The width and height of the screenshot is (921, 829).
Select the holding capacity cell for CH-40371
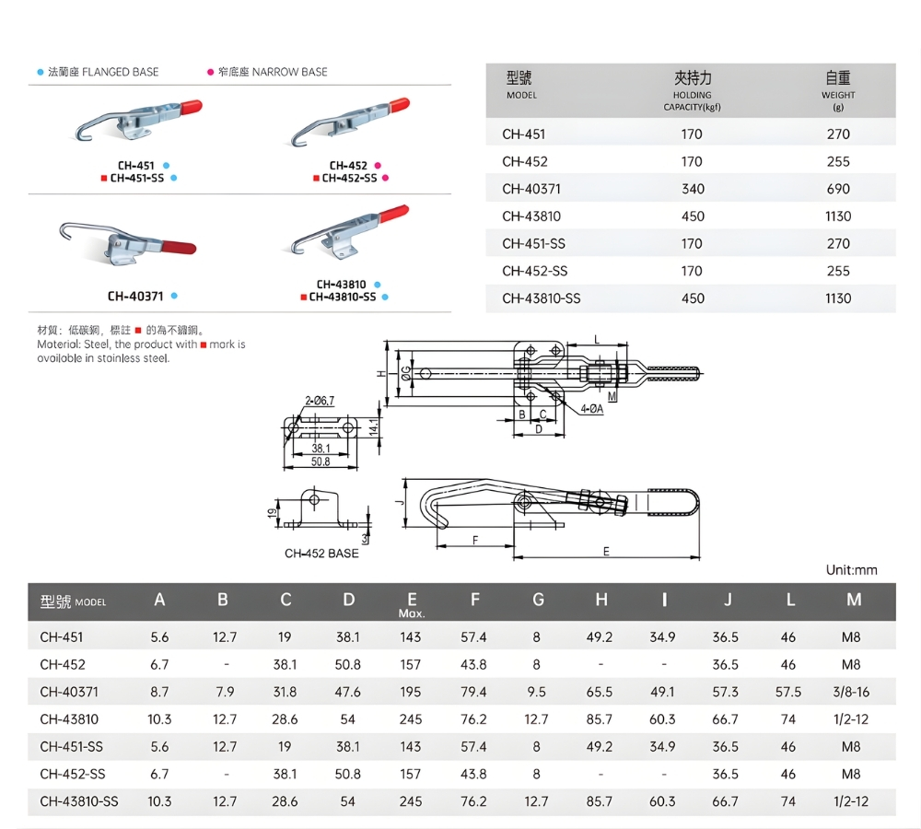[x=693, y=189]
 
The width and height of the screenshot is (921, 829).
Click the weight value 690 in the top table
[x=838, y=189]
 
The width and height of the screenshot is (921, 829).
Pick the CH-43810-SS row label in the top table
[x=542, y=298]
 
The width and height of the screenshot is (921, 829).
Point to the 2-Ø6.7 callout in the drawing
[x=320, y=400]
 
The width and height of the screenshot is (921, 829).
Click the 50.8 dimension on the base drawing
[x=320, y=461]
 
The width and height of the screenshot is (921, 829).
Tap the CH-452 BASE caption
[x=321, y=554]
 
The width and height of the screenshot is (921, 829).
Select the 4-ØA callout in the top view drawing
[x=591, y=409]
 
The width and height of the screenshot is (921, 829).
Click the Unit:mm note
[x=851, y=570]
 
